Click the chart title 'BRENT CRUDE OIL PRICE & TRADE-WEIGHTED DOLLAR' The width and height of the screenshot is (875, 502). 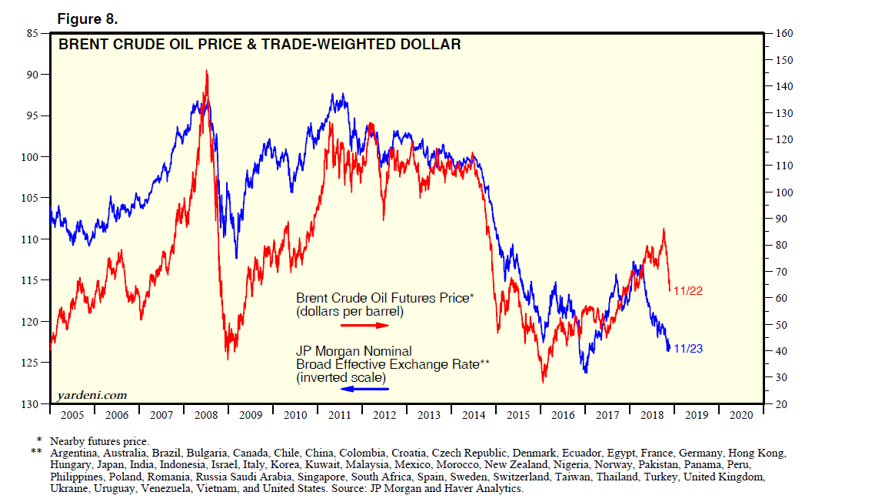click(260, 45)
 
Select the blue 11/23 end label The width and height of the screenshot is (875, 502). click(688, 349)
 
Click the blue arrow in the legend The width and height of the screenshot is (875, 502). click(365, 390)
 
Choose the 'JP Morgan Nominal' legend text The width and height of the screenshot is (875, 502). click(354, 350)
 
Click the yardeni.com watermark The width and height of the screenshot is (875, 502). click(92, 396)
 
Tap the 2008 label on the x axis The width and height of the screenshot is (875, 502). click(206, 415)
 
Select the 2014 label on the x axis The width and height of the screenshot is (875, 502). click(474, 415)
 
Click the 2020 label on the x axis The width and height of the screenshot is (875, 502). click(741, 415)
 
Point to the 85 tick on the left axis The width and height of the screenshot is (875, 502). click(35, 34)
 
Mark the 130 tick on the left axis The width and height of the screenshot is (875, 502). click(32, 404)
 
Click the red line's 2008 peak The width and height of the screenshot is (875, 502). click(206, 71)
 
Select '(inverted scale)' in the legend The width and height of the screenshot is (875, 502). click(341, 377)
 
